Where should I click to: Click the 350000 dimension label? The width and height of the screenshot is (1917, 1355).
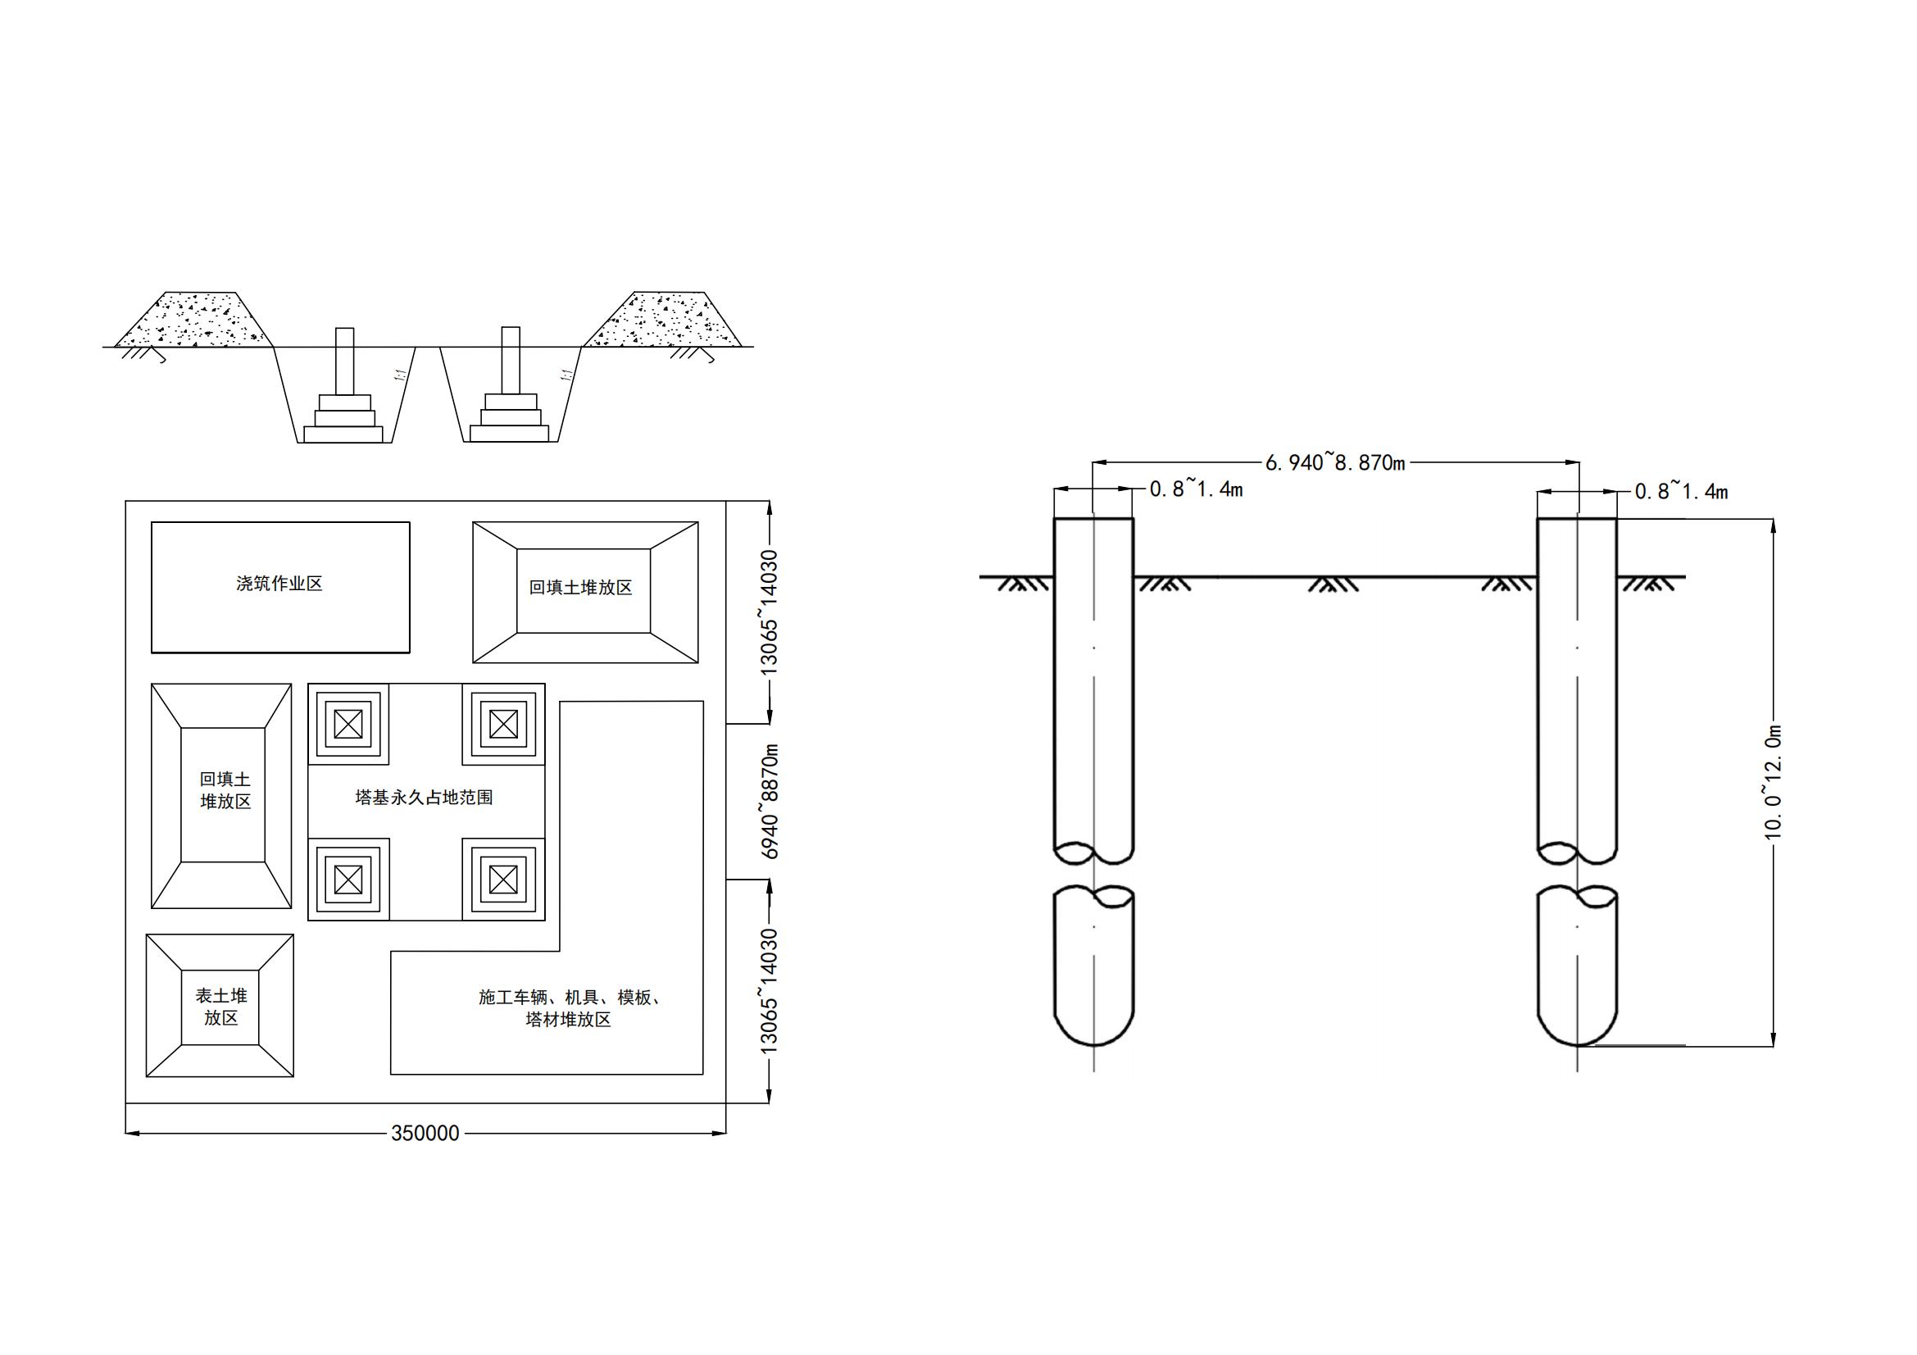(425, 1133)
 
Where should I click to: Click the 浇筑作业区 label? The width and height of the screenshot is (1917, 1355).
(279, 584)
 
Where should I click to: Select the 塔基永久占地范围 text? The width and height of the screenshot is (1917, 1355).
(425, 798)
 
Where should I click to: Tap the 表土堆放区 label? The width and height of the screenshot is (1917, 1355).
(221, 1006)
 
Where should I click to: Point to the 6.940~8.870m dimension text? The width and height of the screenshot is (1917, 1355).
(1335, 462)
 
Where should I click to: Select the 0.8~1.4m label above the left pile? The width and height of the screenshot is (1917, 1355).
(1196, 489)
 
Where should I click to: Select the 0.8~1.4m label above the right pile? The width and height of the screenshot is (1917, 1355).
(1681, 492)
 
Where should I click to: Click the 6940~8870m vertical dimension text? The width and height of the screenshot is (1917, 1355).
(770, 801)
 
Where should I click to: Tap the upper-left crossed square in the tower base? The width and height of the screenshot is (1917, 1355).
(348, 724)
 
